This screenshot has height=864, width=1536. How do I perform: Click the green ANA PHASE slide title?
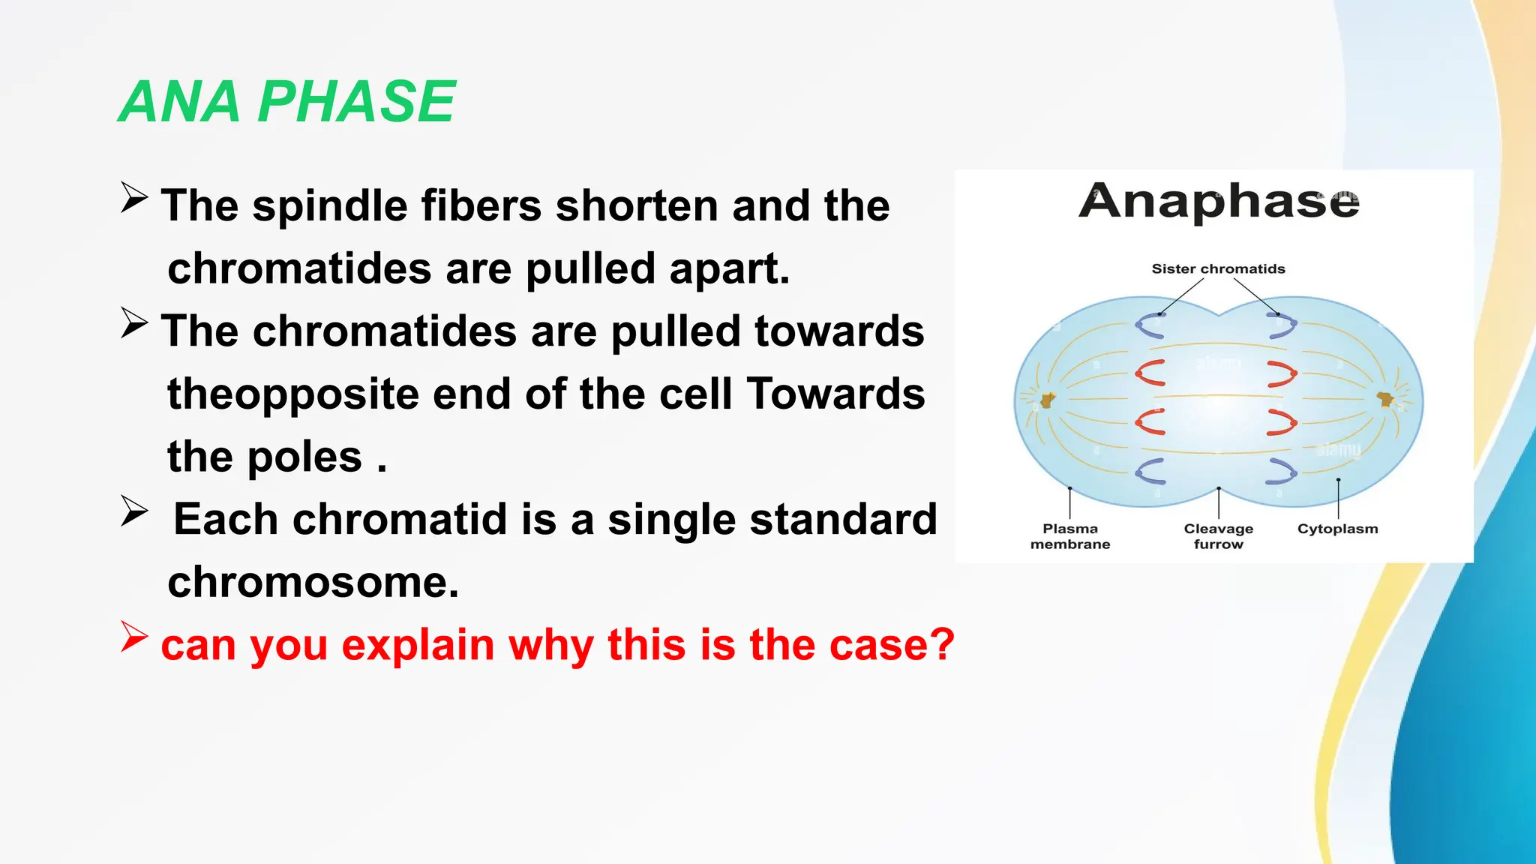(287, 102)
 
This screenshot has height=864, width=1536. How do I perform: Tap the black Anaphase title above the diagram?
(1218, 201)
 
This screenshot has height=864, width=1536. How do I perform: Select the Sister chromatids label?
(1218, 268)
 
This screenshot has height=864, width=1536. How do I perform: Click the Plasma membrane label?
(1069, 536)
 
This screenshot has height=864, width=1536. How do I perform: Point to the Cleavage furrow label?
(1218, 536)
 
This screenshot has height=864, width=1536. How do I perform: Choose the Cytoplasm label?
(1337, 529)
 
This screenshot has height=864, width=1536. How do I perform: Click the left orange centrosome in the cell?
(1047, 400)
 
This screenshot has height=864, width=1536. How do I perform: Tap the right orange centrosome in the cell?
(1387, 400)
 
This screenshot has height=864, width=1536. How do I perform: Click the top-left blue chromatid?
(1149, 326)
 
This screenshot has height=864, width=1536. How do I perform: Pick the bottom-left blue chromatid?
(1149, 471)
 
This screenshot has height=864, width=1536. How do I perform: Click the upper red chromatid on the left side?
(1149, 373)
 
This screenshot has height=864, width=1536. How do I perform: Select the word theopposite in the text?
(292, 394)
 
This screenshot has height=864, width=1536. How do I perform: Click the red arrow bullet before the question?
(134, 637)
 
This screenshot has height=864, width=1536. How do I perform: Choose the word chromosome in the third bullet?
(313, 582)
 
